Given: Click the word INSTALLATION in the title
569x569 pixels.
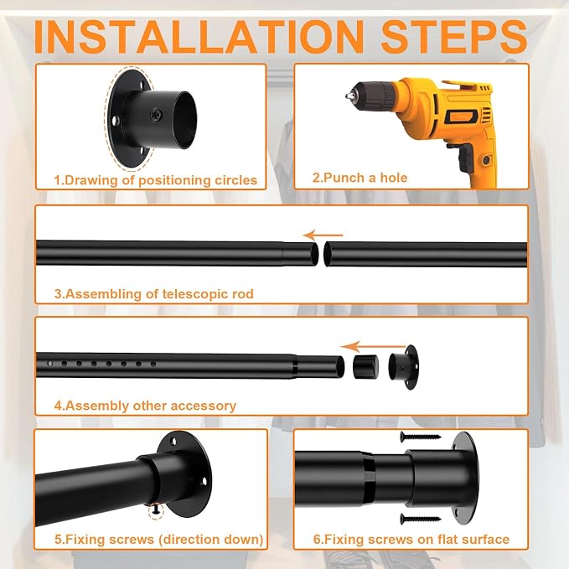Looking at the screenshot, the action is tap(199, 37).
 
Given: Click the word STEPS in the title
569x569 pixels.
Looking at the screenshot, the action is tap(454, 37).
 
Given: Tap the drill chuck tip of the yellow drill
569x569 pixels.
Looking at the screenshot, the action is tap(348, 96).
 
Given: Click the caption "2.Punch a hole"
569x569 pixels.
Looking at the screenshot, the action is tap(360, 178).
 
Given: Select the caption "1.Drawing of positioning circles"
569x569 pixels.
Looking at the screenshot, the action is tap(156, 180).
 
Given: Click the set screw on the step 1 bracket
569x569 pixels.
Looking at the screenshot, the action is tap(157, 114).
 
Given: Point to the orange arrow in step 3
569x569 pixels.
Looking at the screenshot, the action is tap(323, 235).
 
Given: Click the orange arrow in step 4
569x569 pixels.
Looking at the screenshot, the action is tap(373, 347).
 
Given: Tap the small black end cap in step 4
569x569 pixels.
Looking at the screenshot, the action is tap(365, 366).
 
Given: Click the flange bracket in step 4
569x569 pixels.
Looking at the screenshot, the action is tap(404, 367).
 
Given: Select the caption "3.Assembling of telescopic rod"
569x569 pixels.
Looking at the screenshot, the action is tap(154, 294).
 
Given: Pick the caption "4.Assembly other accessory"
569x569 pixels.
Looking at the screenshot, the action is tap(145, 406).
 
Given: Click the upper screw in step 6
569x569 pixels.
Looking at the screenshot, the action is tap(421, 437).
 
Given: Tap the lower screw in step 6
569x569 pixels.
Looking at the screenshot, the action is tap(421, 519).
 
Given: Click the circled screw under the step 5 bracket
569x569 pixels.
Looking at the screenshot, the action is tap(156, 510).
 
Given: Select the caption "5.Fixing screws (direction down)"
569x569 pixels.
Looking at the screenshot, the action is tap(159, 540).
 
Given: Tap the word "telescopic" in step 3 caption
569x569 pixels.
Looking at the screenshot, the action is tap(194, 294).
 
